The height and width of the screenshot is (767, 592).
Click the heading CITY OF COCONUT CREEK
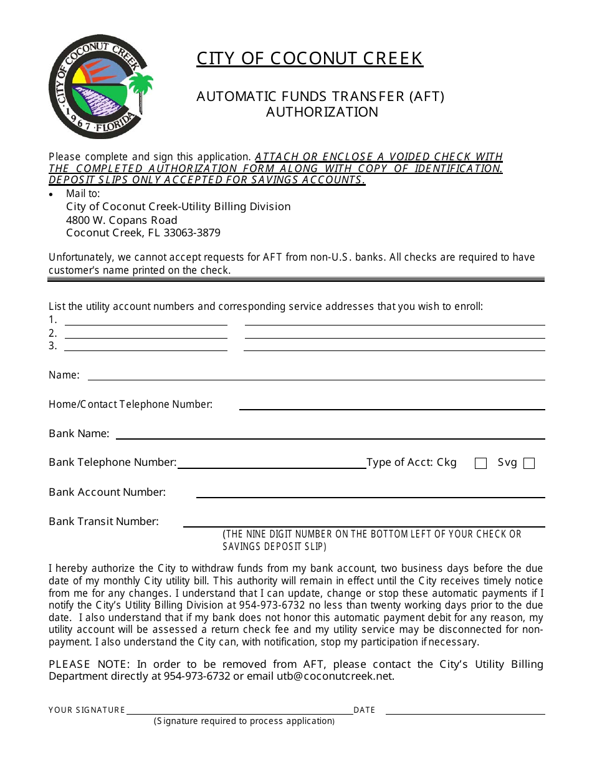coord(310,59)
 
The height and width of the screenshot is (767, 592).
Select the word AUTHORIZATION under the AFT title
coord(322,112)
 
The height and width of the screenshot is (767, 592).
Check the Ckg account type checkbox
coord(480,463)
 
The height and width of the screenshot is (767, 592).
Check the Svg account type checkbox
coord(529,463)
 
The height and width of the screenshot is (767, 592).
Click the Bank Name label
coord(79,433)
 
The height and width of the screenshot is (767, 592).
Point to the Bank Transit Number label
coord(103,521)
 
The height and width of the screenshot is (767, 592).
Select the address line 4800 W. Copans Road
coord(122,220)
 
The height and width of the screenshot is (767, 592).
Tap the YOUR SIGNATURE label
coord(87,710)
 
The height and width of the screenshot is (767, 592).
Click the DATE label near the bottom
coord(364,710)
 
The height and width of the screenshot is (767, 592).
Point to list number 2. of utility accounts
coord(53,333)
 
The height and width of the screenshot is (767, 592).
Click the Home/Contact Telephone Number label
coord(130,404)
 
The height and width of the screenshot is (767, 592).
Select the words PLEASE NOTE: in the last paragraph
coord(89,664)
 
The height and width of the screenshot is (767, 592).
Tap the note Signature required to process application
coord(244,721)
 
